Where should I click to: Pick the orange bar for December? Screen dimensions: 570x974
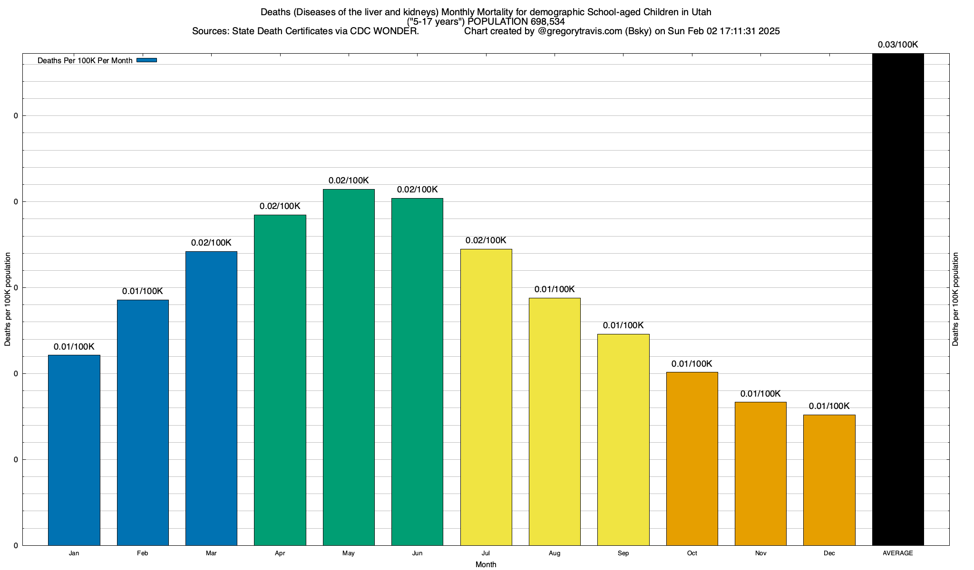[829, 480]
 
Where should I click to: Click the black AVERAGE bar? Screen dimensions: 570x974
[898, 299]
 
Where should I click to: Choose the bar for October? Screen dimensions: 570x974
[692, 458]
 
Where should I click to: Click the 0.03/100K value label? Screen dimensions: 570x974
[898, 45]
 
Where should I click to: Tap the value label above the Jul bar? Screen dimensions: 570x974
[486, 240]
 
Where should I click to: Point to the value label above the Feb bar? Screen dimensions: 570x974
[143, 291]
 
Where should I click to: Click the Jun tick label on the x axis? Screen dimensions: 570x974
[417, 553]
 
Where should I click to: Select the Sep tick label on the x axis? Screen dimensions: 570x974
[623, 553]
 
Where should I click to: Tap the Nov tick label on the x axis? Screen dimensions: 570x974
[760, 553]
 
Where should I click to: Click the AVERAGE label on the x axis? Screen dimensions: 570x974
[898, 553]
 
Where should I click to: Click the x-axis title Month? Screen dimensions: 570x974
[486, 564]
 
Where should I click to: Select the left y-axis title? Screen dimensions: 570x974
[8, 299]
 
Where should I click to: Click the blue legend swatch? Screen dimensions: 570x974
[146, 60]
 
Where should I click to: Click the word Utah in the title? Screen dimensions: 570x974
[701, 12]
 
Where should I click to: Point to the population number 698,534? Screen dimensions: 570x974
[547, 21]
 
